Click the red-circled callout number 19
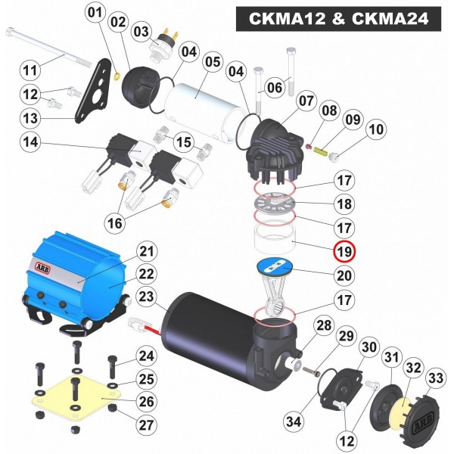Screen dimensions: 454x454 click(x=344, y=250)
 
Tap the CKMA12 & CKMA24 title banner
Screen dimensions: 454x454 click(x=338, y=19)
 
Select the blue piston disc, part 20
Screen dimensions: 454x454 click(x=275, y=266)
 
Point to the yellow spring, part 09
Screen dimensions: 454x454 click(x=320, y=151)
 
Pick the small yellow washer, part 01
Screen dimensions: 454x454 click(x=117, y=76)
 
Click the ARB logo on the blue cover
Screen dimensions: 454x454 click(x=42, y=268)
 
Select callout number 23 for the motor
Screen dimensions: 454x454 click(x=146, y=296)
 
